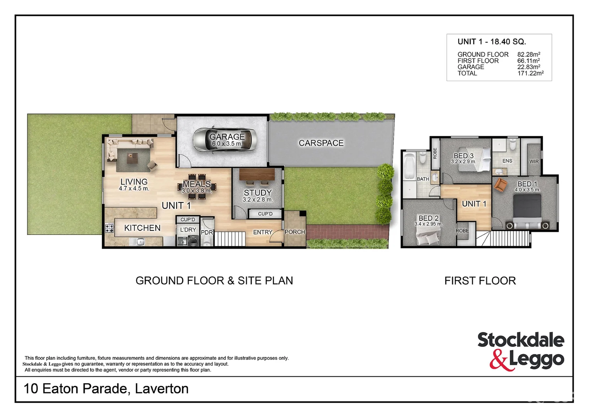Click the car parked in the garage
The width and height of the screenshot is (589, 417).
click(224, 139)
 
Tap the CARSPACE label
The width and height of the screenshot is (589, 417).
click(321, 143)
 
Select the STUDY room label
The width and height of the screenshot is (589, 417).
click(258, 192)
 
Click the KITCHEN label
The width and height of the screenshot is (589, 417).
click(142, 228)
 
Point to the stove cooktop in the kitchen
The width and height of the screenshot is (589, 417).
click(110, 228)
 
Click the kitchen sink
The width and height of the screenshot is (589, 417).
click(140, 242)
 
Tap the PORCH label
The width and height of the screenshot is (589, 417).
click(295, 232)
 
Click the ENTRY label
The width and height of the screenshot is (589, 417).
click(263, 232)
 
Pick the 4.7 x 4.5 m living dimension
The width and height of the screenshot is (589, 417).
click(134, 189)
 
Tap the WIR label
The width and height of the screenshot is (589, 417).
click(534, 161)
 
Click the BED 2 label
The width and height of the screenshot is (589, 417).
click(429, 218)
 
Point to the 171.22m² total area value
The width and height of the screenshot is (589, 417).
click(530, 73)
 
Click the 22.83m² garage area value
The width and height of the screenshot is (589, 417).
click(528, 67)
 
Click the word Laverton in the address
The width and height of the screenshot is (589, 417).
click(162, 388)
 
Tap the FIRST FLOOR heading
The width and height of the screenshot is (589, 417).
click(480, 281)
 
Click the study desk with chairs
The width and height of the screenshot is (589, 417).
click(257, 176)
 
